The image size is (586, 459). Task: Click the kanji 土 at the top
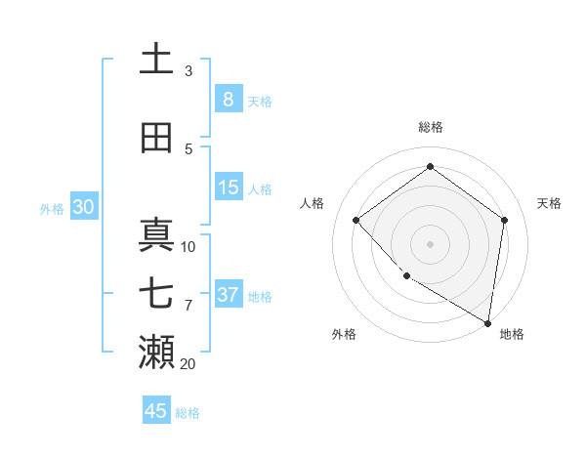click(x=156, y=59)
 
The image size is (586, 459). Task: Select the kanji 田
click(x=156, y=138)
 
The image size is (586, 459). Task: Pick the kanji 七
click(x=156, y=294)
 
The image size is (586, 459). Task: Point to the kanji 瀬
click(x=156, y=352)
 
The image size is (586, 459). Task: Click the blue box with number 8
click(x=229, y=100)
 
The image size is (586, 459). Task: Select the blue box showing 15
click(x=229, y=188)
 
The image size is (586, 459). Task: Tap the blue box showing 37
click(x=229, y=295)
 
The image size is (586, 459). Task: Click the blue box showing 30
click(x=83, y=207)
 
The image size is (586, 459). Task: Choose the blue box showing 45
click(x=156, y=411)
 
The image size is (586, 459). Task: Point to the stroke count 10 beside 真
click(x=188, y=246)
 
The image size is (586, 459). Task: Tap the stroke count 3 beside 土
click(x=188, y=70)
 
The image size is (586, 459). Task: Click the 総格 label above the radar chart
click(x=431, y=127)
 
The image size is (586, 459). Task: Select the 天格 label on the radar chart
click(x=549, y=203)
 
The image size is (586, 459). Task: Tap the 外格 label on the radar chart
click(x=344, y=334)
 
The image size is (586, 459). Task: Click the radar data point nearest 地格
click(x=488, y=322)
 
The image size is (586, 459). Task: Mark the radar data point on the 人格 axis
click(x=356, y=221)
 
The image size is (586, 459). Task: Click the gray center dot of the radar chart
click(x=430, y=243)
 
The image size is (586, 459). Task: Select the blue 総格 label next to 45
click(x=188, y=413)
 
